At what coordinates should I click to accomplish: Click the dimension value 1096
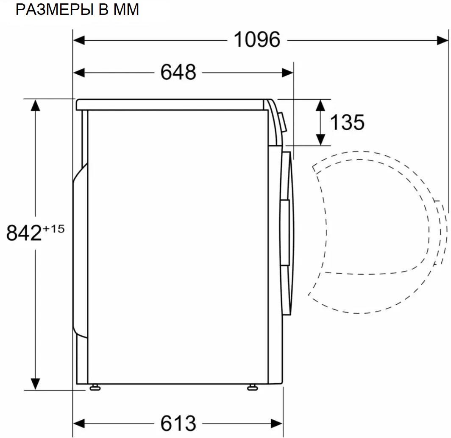(x=257, y=40)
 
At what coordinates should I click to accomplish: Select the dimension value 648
(x=178, y=73)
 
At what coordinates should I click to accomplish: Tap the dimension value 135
(x=347, y=122)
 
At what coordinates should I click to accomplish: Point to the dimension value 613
(x=178, y=423)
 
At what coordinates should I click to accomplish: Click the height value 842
(x=24, y=233)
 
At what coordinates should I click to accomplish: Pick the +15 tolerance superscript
(x=53, y=229)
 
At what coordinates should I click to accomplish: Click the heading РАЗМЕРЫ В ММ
(x=77, y=9)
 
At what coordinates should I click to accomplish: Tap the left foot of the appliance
(x=94, y=387)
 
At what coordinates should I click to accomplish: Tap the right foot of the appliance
(x=252, y=387)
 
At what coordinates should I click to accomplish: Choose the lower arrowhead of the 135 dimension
(x=321, y=139)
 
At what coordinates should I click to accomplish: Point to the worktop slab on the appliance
(x=170, y=104)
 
